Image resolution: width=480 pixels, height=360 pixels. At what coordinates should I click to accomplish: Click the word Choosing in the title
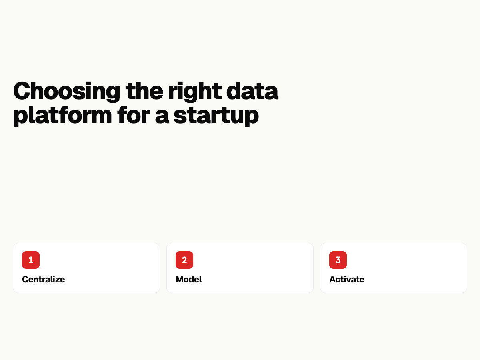click(66, 91)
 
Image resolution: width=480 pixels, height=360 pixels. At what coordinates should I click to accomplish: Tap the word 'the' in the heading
click(144, 90)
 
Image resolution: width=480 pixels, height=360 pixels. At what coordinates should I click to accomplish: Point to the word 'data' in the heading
click(252, 91)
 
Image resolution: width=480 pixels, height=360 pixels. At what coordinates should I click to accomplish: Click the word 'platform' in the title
click(62, 116)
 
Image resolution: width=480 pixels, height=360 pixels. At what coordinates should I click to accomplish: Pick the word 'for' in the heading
click(134, 115)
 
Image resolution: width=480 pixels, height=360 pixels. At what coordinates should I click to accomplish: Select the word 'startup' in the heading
click(216, 116)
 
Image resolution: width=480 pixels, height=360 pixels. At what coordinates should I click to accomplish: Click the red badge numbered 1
click(31, 260)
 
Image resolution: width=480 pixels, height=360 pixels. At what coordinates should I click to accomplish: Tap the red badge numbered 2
click(184, 260)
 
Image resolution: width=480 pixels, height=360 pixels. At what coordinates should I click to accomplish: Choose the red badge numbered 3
click(338, 260)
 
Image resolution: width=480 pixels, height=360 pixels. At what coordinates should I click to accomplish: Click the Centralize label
click(44, 279)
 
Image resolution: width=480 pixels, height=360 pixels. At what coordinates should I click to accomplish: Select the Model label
click(189, 279)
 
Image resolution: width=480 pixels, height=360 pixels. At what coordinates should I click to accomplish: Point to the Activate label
click(347, 279)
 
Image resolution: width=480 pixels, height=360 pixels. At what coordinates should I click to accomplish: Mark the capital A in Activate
click(333, 279)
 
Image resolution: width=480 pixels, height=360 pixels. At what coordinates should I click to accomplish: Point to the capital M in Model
click(180, 279)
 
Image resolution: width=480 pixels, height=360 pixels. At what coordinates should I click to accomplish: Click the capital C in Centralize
click(26, 279)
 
